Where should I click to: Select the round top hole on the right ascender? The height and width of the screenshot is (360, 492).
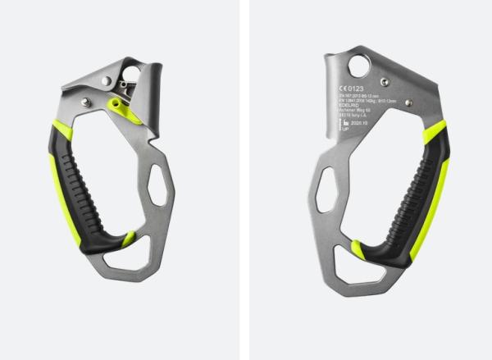[x=358, y=66]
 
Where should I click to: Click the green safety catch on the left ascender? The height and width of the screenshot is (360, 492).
[x=119, y=107]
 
